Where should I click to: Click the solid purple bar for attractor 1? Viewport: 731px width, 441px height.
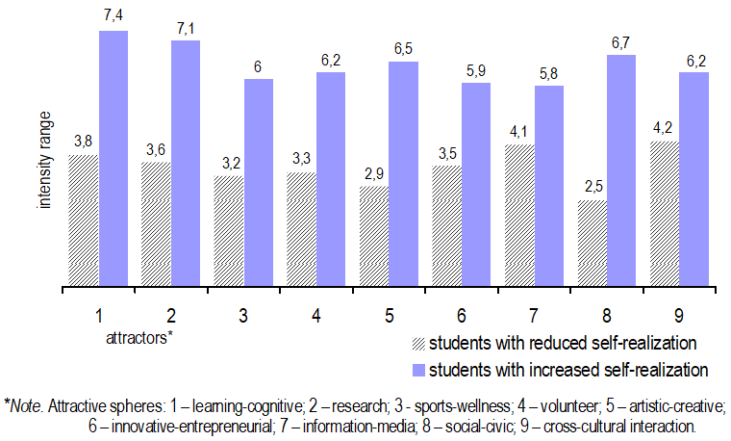[113, 159]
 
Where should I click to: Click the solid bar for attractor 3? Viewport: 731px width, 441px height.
[258, 183]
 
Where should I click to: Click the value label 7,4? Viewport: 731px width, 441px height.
[113, 18]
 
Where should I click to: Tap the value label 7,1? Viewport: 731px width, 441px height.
[186, 28]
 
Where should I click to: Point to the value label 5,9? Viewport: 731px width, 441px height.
[475, 70]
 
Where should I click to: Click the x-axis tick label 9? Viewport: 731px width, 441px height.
[678, 315]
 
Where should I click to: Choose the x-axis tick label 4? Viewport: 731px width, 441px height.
[315, 315]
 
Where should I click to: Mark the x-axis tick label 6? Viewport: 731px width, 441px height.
[461, 315]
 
